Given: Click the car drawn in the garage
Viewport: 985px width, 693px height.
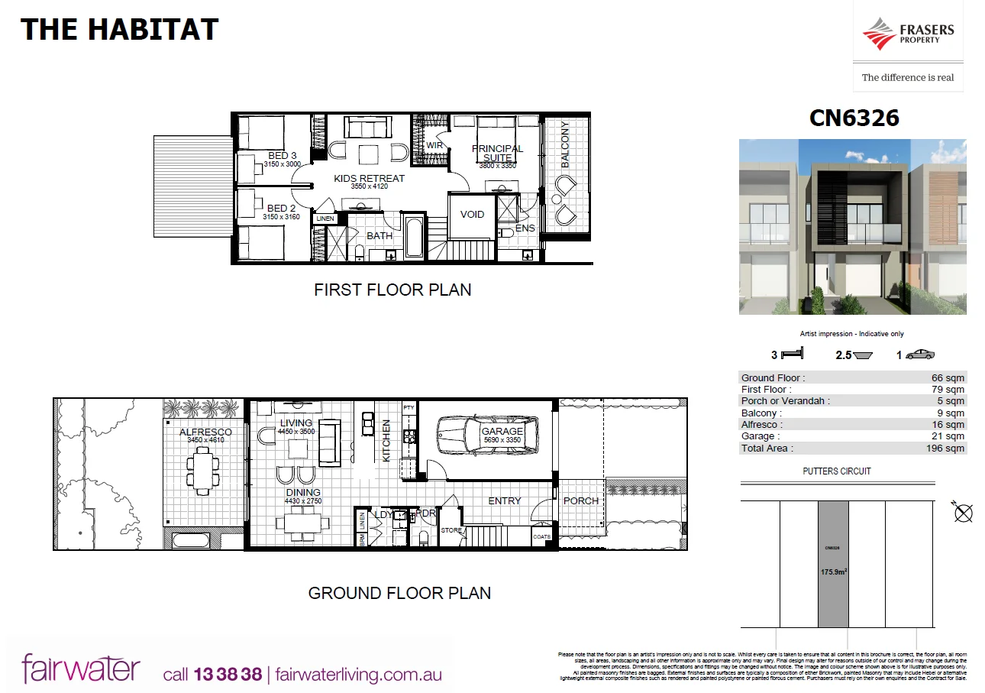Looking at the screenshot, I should click(x=486, y=440).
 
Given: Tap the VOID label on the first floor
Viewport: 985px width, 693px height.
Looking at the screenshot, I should click(x=472, y=214).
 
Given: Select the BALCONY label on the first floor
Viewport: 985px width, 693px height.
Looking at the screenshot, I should click(x=565, y=144).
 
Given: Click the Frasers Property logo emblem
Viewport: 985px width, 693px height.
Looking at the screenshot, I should click(x=879, y=34).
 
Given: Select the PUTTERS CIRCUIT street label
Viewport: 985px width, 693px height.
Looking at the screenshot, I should click(x=837, y=471).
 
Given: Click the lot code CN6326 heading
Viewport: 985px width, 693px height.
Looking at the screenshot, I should click(x=854, y=118).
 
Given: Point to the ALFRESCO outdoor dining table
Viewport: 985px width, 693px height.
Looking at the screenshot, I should click(x=204, y=471).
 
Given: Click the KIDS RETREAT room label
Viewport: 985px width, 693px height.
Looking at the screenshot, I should click(x=370, y=179).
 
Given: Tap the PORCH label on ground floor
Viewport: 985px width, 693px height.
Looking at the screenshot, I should click(x=581, y=500).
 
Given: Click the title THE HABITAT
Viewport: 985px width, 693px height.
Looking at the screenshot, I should click(x=119, y=30).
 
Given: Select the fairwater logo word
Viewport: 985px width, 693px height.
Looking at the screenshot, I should click(x=81, y=669).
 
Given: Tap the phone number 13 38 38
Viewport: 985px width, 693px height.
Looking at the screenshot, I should click(x=228, y=675).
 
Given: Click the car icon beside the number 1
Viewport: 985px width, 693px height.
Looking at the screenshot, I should click(x=920, y=355).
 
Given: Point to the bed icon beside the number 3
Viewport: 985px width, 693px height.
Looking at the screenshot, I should click(x=794, y=355).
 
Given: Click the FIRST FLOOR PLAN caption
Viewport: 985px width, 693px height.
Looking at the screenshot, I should click(x=392, y=290).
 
